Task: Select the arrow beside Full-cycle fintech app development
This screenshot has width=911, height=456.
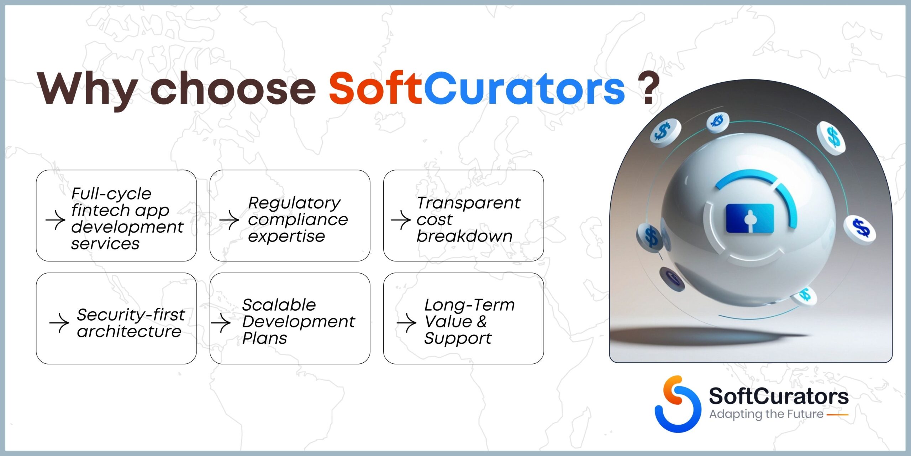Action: point(56,220)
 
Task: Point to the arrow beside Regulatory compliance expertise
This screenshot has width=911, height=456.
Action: point(229,220)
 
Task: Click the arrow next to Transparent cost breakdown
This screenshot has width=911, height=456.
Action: point(401,220)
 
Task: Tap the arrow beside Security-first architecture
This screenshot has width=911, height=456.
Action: point(59,323)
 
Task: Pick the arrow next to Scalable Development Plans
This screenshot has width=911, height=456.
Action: point(221,323)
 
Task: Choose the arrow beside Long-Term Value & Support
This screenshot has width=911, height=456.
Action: point(406,323)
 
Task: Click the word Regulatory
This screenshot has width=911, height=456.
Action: point(294,203)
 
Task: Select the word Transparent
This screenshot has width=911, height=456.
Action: point(468,203)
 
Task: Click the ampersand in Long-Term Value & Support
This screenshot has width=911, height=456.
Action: point(481,321)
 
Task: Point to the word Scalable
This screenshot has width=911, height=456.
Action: point(279,305)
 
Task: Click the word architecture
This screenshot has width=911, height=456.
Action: point(129,332)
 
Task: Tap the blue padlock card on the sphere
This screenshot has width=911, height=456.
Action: point(749,218)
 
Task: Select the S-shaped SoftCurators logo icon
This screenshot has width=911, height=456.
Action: point(678,404)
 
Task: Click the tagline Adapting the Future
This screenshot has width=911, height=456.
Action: point(766,414)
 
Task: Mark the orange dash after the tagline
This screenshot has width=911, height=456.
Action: point(837,415)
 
